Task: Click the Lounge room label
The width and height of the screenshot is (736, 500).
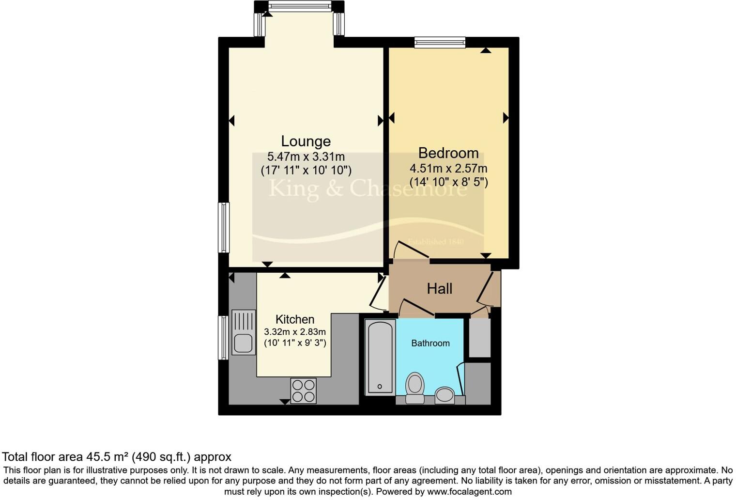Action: point(306,141)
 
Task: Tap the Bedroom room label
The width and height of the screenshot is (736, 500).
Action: point(448,153)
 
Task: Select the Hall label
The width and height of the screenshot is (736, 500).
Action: point(439,289)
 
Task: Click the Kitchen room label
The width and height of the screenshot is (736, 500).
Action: point(294,319)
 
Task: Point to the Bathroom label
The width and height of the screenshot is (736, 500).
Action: point(430,343)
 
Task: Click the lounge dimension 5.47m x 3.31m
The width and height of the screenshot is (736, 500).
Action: point(306,157)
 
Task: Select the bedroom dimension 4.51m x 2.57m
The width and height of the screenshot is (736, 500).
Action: point(448,169)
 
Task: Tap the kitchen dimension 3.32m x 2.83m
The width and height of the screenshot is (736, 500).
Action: point(294,332)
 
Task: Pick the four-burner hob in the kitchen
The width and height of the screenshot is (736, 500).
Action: point(303,391)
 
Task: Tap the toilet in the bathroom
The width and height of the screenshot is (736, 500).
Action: point(414,388)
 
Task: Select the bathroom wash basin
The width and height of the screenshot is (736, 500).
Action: point(445,395)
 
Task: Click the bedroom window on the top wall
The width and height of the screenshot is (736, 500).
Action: point(440,43)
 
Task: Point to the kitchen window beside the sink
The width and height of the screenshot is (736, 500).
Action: point(223,338)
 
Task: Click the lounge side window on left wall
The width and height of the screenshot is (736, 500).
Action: point(223,228)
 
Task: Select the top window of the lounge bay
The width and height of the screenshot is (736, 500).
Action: point(300,6)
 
